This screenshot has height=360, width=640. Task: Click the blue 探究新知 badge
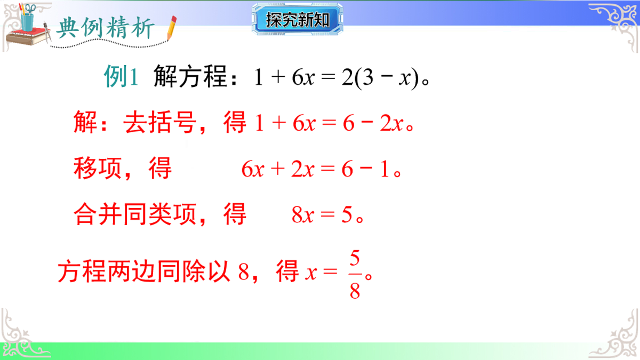(x=298, y=20)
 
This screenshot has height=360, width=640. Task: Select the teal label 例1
(x=121, y=78)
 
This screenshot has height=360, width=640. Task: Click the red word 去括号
(x=159, y=124)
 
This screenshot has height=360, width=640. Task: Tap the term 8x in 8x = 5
(x=302, y=215)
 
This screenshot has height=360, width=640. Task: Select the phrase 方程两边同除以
(x=144, y=272)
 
